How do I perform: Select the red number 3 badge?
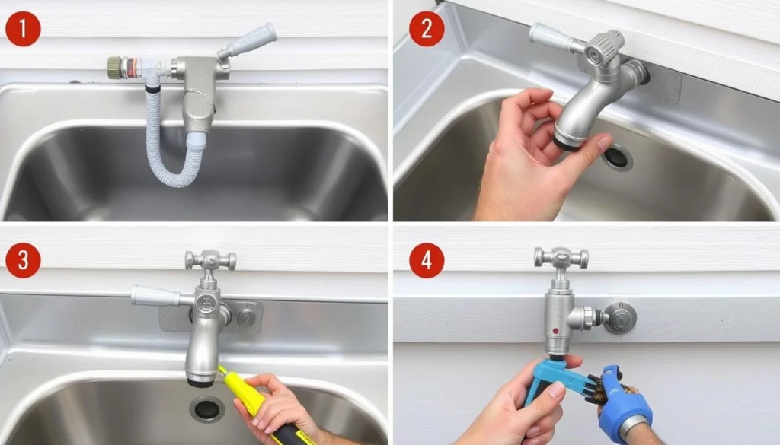point(22,261)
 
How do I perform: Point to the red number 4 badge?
point(427,261)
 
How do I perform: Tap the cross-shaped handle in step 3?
point(210,260)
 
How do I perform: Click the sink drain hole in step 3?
point(206,408)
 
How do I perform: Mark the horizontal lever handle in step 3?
point(156,295)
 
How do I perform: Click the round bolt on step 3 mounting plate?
point(246,316)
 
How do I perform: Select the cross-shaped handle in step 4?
point(561,258)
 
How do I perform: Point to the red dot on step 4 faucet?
point(555,332)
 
